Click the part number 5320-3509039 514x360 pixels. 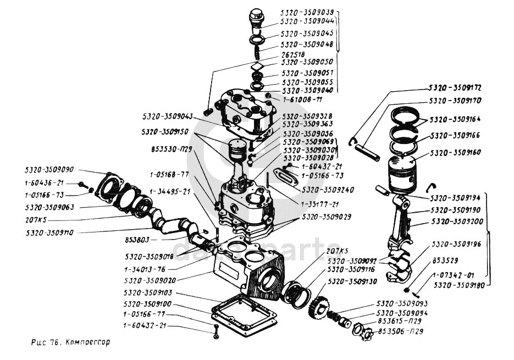click(307, 12)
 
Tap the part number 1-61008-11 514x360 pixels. click(302, 99)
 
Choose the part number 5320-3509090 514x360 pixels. click(49, 170)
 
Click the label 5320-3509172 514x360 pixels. click(455, 88)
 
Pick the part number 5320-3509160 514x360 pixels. click(455, 152)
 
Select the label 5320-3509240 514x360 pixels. click(327, 190)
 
